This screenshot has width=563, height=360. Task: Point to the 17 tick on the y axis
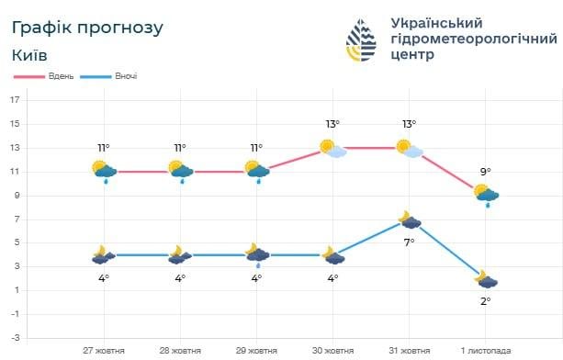[16, 99]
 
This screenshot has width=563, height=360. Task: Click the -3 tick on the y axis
[16, 338]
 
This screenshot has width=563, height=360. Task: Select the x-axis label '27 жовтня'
[103, 350]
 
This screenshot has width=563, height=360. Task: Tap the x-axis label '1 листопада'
[487, 350]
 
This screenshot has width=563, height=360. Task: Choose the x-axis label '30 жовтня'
[333, 350]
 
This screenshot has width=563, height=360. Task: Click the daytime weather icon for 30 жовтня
[332, 148]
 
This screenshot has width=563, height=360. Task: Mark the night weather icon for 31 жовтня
[410, 220]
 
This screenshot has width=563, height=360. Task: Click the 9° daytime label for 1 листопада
[485, 171]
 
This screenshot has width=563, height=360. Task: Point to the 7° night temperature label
[410, 242]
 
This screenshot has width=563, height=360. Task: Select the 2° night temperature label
[486, 300]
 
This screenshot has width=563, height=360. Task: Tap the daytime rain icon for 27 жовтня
[104, 171]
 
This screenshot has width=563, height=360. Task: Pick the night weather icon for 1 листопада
[486, 279]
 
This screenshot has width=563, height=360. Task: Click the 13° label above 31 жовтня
[409, 124]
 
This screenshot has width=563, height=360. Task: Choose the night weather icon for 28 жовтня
[180, 254]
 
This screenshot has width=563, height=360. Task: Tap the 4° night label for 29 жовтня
[256, 277]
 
